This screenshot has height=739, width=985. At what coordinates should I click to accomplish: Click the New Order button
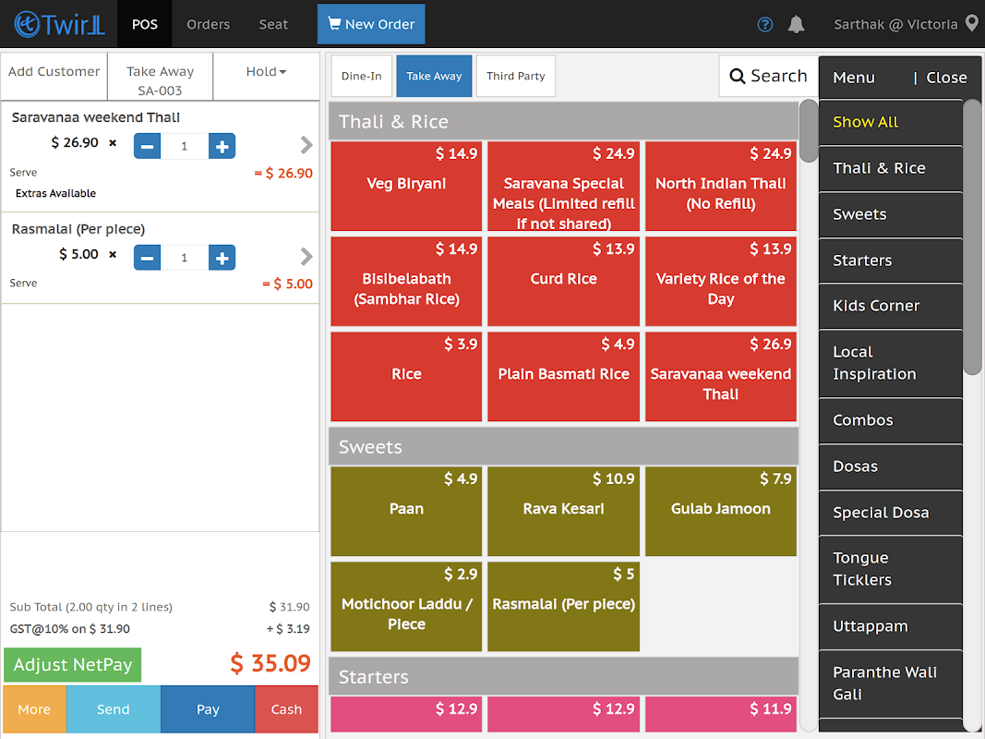[371, 24]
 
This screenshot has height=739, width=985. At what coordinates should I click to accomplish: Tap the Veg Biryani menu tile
[406, 186]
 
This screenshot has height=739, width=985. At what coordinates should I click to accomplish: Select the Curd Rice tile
[563, 281]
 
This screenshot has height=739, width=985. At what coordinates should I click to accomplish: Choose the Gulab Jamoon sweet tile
[720, 511]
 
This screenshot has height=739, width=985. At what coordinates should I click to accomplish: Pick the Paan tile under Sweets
[406, 511]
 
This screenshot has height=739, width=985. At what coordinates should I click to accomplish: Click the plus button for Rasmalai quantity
[222, 258]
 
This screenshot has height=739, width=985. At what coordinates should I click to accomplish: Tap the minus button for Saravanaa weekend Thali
[148, 146]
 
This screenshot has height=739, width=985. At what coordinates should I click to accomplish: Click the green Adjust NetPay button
[73, 664]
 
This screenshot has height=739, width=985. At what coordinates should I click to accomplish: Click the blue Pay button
[208, 709]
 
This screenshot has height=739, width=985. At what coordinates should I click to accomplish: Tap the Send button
[113, 709]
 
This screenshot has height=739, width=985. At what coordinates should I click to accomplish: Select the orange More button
[34, 709]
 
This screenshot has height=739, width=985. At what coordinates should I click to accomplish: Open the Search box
[768, 76]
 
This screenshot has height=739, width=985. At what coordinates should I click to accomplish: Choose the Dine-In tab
[362, 76]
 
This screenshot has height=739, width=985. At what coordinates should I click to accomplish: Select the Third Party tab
[516, 76]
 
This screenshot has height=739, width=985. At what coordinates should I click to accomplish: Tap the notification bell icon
[796, 25]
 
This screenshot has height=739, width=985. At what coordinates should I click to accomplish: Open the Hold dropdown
[266, 72]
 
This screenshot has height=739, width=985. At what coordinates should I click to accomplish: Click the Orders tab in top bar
[208, 24]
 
